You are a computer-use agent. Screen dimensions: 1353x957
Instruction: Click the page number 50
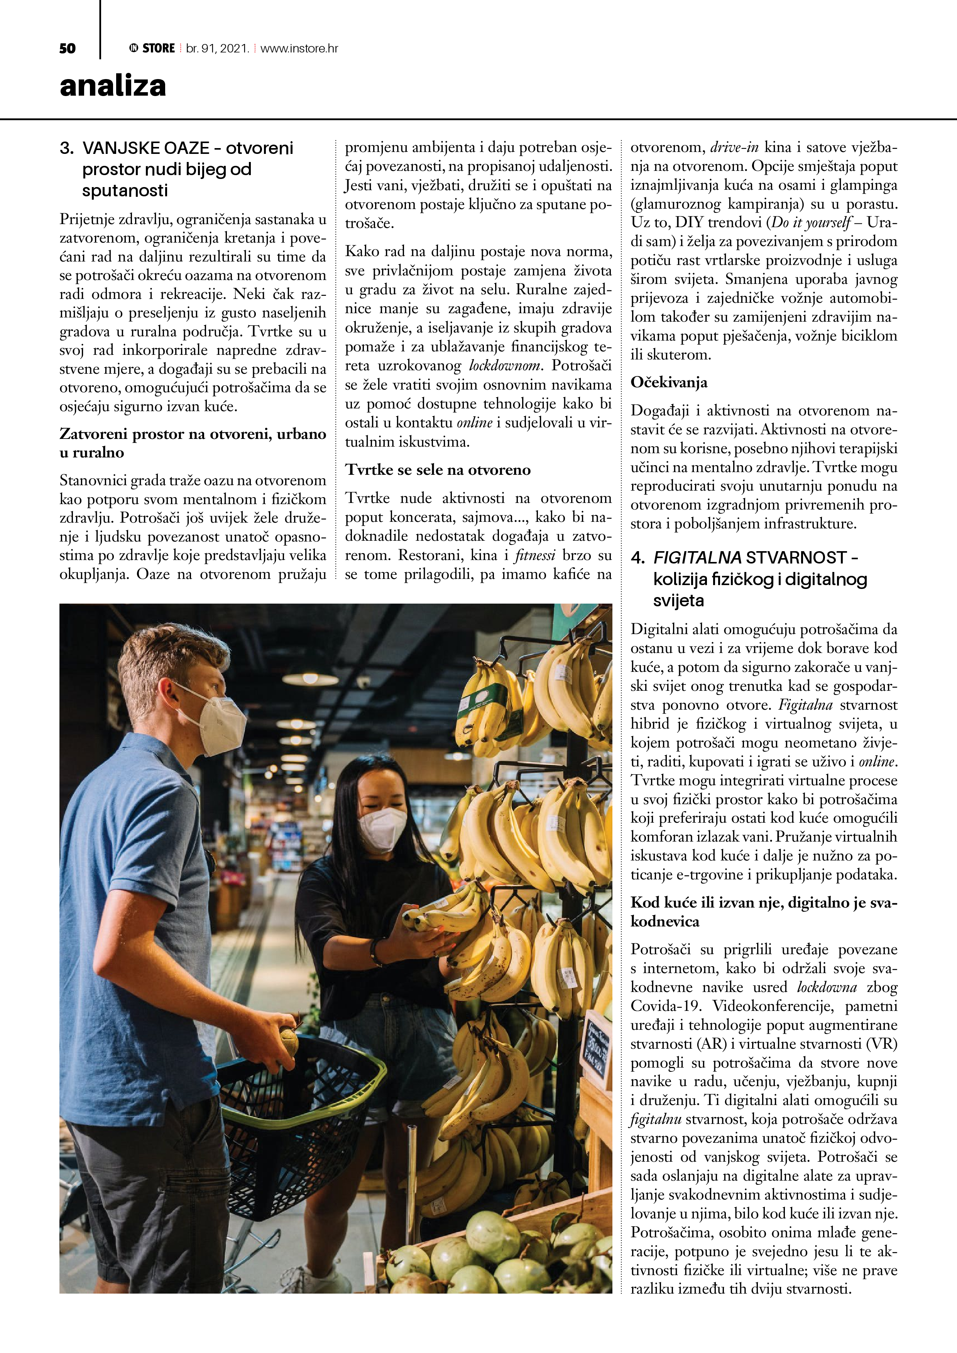[x=67, y=48]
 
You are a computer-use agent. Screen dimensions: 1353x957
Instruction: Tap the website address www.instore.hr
[x=299, y=48]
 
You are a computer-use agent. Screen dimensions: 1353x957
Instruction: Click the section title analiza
[x=113, y=86]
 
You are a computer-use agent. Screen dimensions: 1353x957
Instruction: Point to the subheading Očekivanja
[x=669, y=383]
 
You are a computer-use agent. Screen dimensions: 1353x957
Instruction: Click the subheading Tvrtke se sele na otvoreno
[x=438, y=470]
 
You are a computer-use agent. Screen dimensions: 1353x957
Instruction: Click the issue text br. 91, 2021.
[x=217, y=48]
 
